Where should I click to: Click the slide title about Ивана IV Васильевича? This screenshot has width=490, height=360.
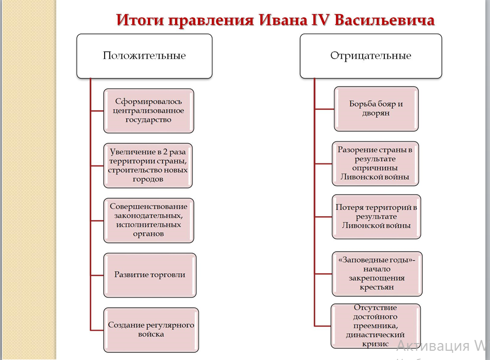coord(276,20)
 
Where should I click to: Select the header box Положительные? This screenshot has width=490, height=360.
coord(144,56)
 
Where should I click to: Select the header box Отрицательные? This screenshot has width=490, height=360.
coord(370,56)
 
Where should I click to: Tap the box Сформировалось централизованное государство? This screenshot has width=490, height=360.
coord(148,111)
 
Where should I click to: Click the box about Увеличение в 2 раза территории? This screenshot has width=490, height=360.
coord(148,165)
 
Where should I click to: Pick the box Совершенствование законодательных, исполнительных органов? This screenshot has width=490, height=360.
coord(148,220)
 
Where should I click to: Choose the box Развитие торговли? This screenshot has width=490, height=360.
coord(150,275)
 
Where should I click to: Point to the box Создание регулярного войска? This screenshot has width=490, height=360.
coord(151,330)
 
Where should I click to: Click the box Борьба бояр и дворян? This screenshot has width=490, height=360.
coord(376,108)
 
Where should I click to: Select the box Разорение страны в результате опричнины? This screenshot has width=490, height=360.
coord(375,163)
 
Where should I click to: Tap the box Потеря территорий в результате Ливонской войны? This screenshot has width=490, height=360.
coord(376,216)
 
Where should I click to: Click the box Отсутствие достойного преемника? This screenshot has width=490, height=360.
coord(376,326)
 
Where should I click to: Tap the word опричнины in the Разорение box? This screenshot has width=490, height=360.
coord(376,168)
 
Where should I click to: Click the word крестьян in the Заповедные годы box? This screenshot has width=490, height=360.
coord(377,287)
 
